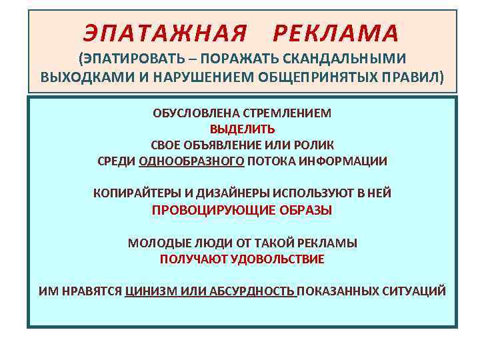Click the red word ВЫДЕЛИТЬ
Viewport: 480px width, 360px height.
[x=242, y=129]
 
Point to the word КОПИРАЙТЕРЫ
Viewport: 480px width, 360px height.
[x=135, y=193]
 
